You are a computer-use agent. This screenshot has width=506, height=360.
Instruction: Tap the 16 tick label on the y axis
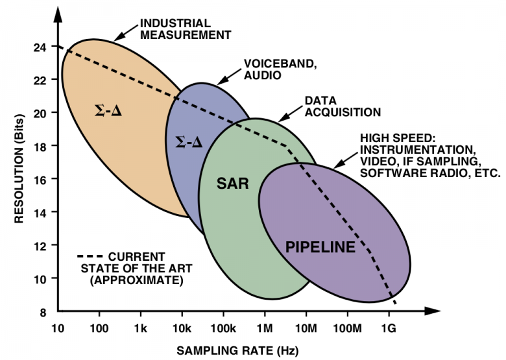(40, 179)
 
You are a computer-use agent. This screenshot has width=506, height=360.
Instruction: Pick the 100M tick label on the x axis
(347, 329)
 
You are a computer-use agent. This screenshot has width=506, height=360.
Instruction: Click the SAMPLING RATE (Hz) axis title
(238, 351)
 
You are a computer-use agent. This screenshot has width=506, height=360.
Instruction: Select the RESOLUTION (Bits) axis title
(19, 169)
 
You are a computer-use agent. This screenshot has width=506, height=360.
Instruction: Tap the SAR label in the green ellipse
(233, 184)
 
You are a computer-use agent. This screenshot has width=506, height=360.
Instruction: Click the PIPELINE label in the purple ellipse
(320, 247)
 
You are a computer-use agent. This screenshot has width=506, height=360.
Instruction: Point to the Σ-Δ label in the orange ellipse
(108, 112)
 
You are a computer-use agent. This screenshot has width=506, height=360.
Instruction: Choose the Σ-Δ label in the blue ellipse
(189, 142)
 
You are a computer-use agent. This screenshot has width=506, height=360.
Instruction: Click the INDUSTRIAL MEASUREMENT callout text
(186, 29)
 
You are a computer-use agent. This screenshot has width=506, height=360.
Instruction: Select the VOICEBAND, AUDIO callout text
(280, 69)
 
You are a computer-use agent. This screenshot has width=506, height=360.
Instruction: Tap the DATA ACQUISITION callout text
(343, 106)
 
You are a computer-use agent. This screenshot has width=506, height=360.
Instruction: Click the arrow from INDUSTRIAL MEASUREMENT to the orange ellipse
(126, 33)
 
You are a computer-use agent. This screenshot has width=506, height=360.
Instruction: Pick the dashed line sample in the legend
(90, 256)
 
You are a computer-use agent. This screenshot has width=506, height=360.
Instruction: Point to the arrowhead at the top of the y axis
(58, 14)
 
